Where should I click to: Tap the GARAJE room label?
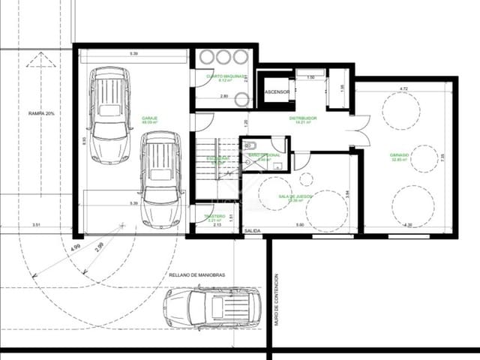[149, 118]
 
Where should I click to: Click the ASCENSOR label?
[277, 92]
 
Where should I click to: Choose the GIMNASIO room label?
[399, 157]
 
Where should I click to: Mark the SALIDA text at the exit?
[253, 231]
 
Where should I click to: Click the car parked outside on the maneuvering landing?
[211, 308]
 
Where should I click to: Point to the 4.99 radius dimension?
[75, 248]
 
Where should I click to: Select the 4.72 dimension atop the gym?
[403, 89]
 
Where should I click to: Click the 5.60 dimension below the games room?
[298, 225]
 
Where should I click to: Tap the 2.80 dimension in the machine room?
[223, 97]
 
